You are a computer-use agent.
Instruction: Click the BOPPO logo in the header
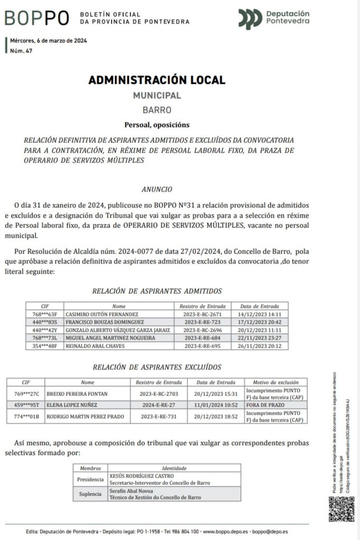[37, 18]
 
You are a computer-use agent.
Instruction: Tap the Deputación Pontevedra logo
[273, 18]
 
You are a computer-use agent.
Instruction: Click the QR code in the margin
[342, 509]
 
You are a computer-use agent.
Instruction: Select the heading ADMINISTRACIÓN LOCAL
[157, 80]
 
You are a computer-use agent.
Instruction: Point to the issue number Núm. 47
[22, 51]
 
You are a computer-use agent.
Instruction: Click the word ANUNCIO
[157, 189]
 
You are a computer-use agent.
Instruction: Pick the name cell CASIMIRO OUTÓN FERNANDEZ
[101, 314]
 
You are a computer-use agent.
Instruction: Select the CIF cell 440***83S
[45, 322]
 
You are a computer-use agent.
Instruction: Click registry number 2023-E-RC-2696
[202, 330]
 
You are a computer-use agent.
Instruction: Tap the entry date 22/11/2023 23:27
[260, 338]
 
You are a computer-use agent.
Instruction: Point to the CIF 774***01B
[26, 416]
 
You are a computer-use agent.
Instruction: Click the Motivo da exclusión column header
[276, 382]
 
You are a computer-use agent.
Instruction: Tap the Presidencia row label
[90, 479]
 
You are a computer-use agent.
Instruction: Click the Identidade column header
[174, 468]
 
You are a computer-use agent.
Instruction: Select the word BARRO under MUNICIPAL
[157, 110]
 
